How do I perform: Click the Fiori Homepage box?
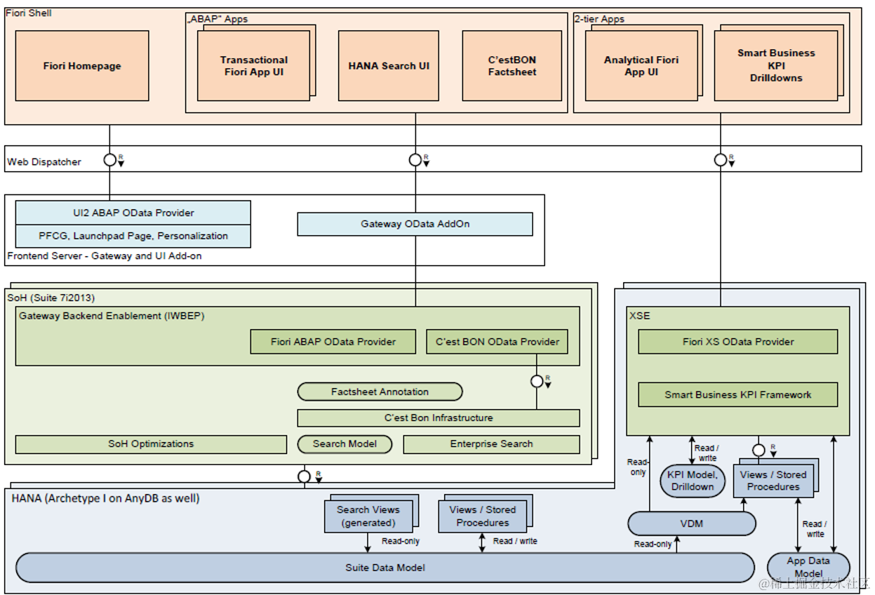(x=81, y=66)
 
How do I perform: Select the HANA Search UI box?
(x=389, y=66)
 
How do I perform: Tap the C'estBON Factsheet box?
(x=512, y=66)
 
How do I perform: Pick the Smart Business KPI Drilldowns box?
(x=775, y=66)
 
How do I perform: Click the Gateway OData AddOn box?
(x=415, y=224)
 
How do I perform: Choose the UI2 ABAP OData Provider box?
(x=133, y=213)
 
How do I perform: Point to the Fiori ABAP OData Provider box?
(x=333, y=342)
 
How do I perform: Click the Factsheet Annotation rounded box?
(x=380, y=392)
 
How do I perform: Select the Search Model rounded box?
(x=344, y=443)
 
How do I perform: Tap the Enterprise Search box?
(x=491, y=443)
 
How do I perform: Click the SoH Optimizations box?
(x=151, y=443)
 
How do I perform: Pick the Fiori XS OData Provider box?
(x=737, y=342)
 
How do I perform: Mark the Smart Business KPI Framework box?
(x=737, y=394)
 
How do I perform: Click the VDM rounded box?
(x=691, y=523)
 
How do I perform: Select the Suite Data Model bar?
(x=385, y=567)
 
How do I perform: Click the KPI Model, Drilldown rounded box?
(x=692, y=481)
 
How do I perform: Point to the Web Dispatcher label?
(x=44, y=162)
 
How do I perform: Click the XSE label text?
(x=639, y=316)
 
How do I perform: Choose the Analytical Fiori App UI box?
(x=641, y=66)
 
